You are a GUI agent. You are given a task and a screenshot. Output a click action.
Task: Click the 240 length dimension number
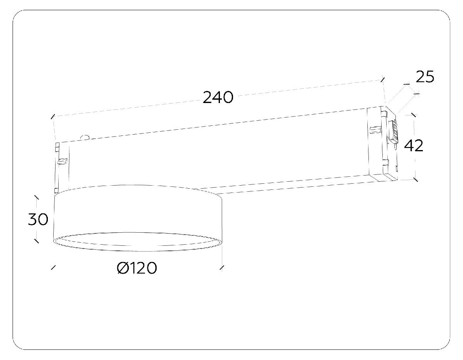(218, 97)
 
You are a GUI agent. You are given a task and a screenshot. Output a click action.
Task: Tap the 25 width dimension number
(425, 77)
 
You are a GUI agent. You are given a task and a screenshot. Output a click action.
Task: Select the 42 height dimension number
(414, 146)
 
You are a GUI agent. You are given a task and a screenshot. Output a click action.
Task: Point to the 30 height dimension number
(38, 219)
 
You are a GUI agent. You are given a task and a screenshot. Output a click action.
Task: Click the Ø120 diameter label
(137, 268)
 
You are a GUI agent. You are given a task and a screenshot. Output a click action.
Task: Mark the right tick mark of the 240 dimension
(383, 79)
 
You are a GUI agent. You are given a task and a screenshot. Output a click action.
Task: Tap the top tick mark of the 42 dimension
(414, 115)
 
